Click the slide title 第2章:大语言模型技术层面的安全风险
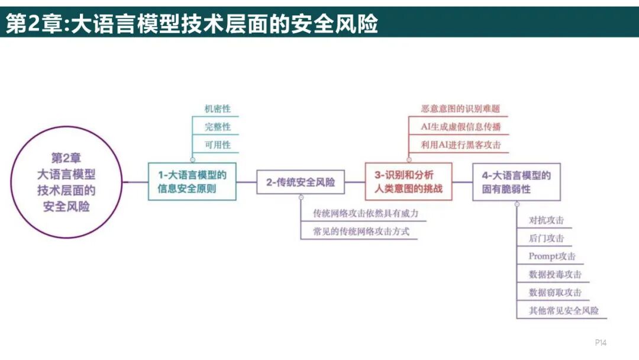(x=192, y=24)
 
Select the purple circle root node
(x=66, y=182)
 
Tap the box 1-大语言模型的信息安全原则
(x=192, y=182)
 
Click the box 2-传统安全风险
(x=300, y=182)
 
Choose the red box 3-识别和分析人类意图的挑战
(x=408, y=182)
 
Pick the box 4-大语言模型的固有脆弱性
(x=516, y=182)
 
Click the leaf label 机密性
(x=218, y=109)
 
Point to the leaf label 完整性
(x=218, y=127)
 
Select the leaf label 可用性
(x=218, y=144)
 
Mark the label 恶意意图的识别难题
(x=460, y=109)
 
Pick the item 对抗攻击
(x=546, y=220)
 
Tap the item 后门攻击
(x=546, y=239)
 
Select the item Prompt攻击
(x=552, y=256)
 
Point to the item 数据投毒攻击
(x=555, y=274)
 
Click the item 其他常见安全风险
(x=563, y=310)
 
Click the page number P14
(x=601, y=343)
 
